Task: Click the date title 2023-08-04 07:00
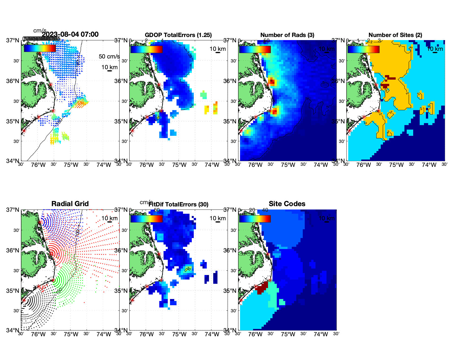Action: (70, 34)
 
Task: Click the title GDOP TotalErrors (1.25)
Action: (178, 35)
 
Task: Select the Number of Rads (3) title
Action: (287, 35)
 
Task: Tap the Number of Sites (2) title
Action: (395, 35)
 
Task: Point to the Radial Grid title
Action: (70, 204)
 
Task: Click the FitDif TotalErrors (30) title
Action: (178, 204)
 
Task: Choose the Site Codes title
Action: (287, 204)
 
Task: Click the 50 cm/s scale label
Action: (109, 56)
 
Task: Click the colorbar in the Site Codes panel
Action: (255, 219)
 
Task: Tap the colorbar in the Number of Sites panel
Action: (363, 49)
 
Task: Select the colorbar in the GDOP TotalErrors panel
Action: (147, 49)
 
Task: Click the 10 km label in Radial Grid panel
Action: (109, 218)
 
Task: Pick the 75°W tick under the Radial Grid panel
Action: (71, 335)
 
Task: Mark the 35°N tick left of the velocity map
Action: (13, 121)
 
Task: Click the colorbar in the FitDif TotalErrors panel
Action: (147, 219)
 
